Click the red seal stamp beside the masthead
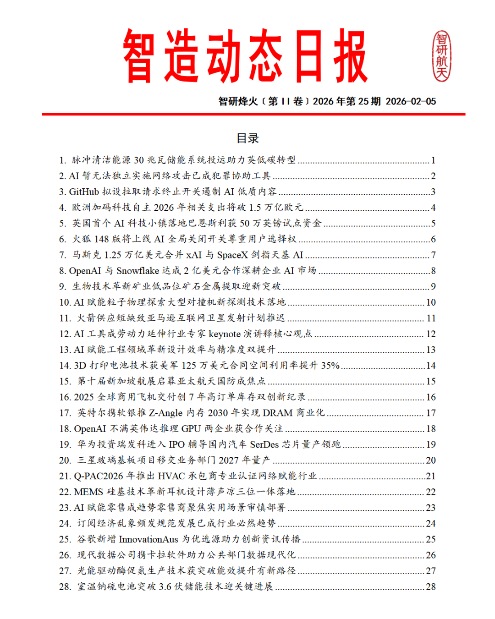pos(442,56)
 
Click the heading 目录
pos(247,138)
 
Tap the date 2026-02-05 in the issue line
pos(411,101)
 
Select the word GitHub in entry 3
pos(84,192)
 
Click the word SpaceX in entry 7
pos(232,255)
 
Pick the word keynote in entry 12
pos(224,334)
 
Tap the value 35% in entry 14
pos(330,366)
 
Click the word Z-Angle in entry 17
pos(166,413)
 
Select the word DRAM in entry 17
pos(278,413)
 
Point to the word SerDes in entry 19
pos(264,444)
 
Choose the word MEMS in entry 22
pos(88,492)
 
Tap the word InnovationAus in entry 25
pos(148,539)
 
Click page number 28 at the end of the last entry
pos(430,586)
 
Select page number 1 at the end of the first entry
pos(433,160)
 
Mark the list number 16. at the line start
pos(65,397)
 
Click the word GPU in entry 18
pos(191,429)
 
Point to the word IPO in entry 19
pos(177,444)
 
